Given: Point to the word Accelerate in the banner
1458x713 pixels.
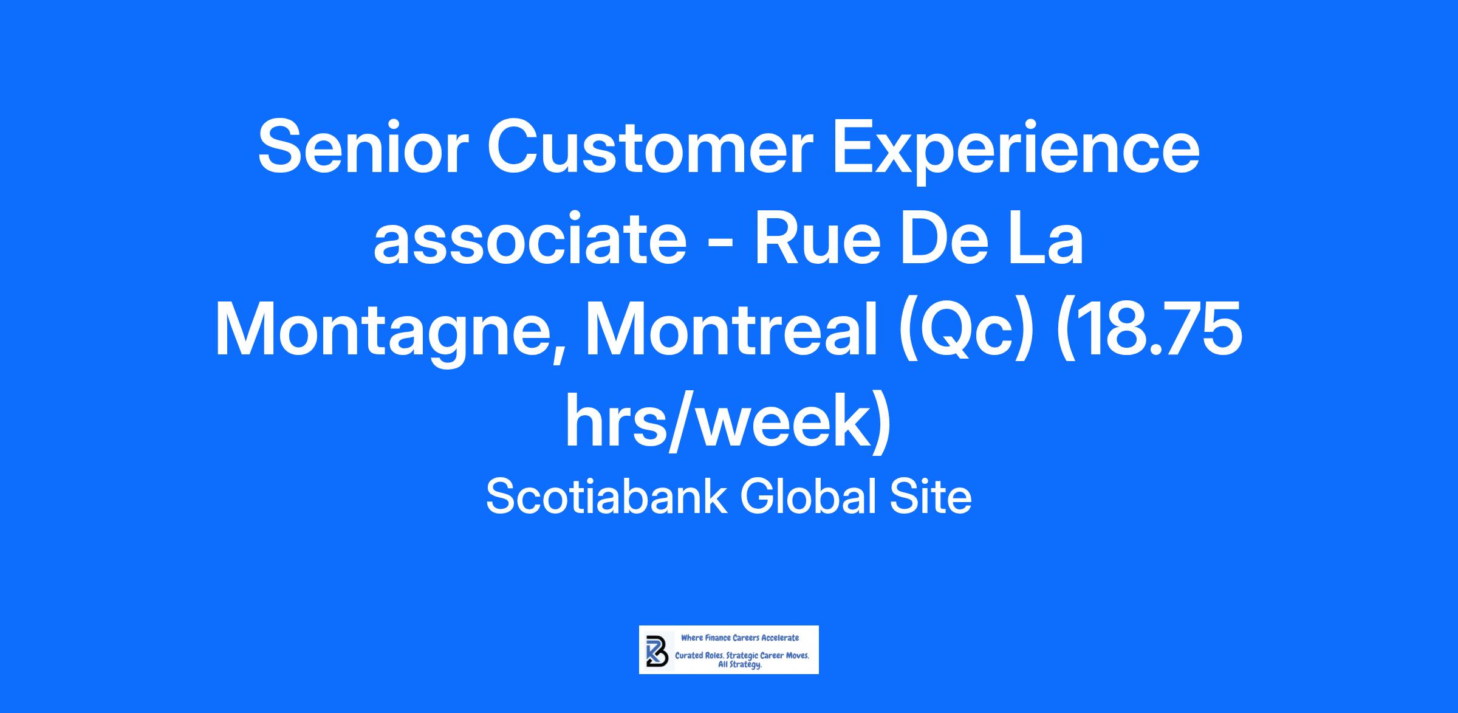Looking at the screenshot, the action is click(x=780, y=638).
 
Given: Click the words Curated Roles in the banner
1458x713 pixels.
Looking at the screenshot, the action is click(x=696, y=656).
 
